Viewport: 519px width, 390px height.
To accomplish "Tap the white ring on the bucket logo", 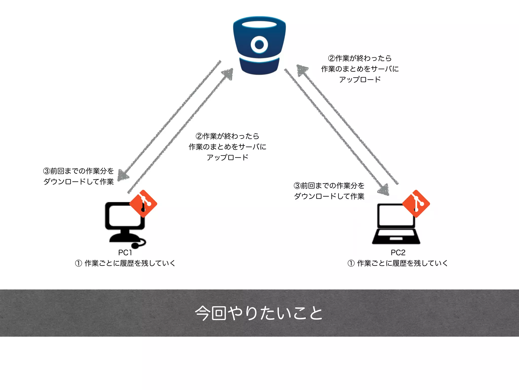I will point(259,45).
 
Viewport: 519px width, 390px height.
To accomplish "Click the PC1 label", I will point(125,253).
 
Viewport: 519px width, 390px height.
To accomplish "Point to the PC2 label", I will point(398,253).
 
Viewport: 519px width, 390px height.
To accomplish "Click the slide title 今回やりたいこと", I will point(259,313).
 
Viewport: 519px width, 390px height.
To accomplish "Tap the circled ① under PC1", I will point(79,263).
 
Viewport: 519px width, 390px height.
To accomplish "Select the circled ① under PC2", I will point(351,263).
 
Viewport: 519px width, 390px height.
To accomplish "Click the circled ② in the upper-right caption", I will point(331,58).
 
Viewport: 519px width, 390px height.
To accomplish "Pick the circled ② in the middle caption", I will point(199,136).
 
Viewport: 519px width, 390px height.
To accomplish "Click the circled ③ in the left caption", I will point(47,171).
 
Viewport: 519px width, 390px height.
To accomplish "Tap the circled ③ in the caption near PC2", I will point(297,186).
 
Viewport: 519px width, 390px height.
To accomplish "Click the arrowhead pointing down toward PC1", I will point(123,175).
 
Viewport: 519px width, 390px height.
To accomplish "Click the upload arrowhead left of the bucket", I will point(228,74).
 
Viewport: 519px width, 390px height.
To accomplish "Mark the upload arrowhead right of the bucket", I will point(302,70).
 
